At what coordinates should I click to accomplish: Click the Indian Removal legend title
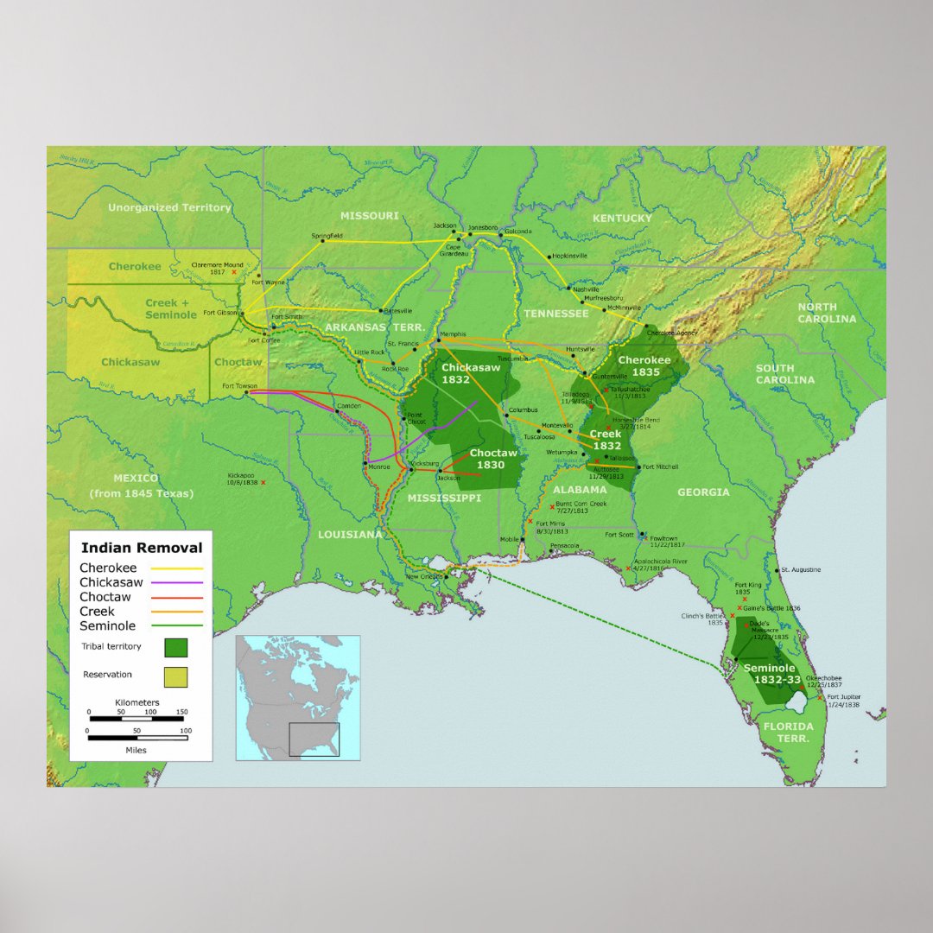[x=142, y=548]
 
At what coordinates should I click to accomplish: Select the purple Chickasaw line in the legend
[x=177, y=583]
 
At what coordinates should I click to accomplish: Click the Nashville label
[x=586, y=289]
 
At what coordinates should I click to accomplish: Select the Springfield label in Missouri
[x=327, y=235]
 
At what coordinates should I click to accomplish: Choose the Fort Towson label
[x=238, y=386]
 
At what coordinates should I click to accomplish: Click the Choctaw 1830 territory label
[x=492, y=459]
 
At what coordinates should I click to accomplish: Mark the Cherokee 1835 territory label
[x=644, y=366]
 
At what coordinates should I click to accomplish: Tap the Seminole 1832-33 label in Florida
[x=770, y=674]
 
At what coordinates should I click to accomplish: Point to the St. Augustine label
[x=802, y=570]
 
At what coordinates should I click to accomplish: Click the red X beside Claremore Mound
[x=234, y=272]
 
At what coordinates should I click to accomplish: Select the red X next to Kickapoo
[x=263, y=482]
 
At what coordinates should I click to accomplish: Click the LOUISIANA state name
[x=350, y=534]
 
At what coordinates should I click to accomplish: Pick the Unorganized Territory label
[x=169, y=207]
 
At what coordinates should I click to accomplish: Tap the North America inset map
[x=297, y=697]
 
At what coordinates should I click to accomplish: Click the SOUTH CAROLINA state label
[x=785, y=374]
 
